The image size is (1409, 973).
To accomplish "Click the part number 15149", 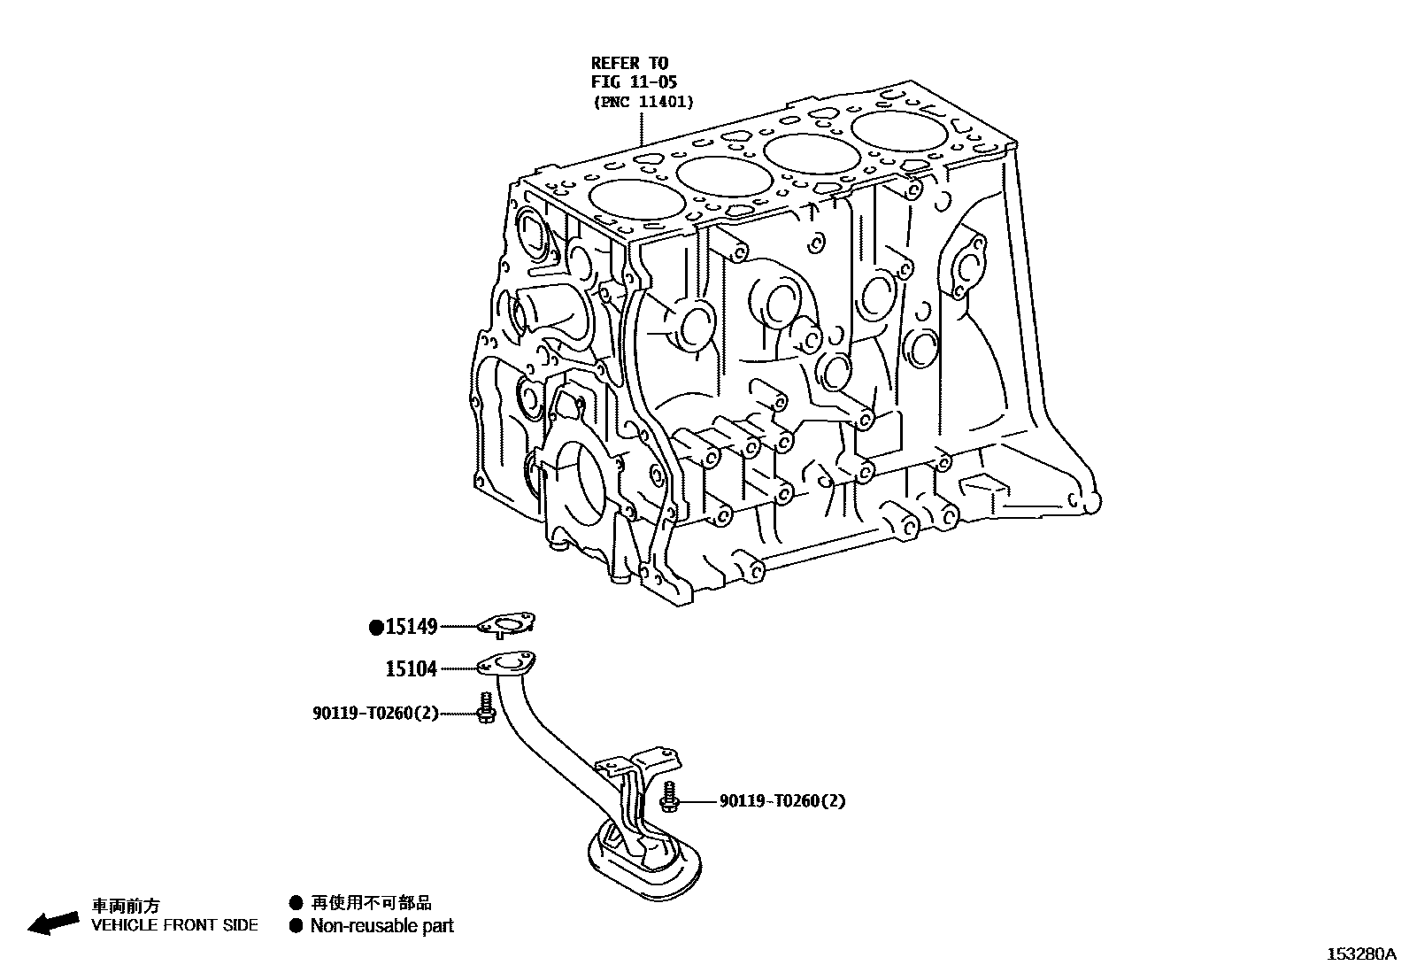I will pyautogui.click(x=412, y=627).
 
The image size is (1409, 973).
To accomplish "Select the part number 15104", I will pyautogui.click(x=412, y=668).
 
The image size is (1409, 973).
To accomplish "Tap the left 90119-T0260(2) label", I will pyautogui.click(x=375, y=713).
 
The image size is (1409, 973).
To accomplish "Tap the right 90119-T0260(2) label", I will pyautogui.click(x=782, y=801).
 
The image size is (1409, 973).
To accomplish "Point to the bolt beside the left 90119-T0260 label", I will pyautogui.click(x=485, y=708).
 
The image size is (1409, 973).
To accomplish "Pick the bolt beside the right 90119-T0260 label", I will pyautogui.click(x=670, y=798).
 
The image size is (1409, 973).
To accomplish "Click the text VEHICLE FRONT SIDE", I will pyautogui.click(x=175, y=925).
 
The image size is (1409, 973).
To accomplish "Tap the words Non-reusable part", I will pyautogui.click(x=381, y=926).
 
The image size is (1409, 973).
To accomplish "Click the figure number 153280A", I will pyautogui.click(x=1361, y=954).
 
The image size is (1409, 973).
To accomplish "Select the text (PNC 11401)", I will pyautogui.click(x=643, y=102).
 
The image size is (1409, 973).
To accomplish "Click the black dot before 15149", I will pyautogui.click(x=376, y=628).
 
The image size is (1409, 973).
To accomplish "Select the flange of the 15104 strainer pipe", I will pyautogui.click(x=507, y=664).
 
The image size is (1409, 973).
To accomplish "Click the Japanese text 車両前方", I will pyautogui.click(x=127, y=906).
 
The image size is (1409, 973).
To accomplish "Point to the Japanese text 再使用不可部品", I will pyautogui.click(x=371, y=903).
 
